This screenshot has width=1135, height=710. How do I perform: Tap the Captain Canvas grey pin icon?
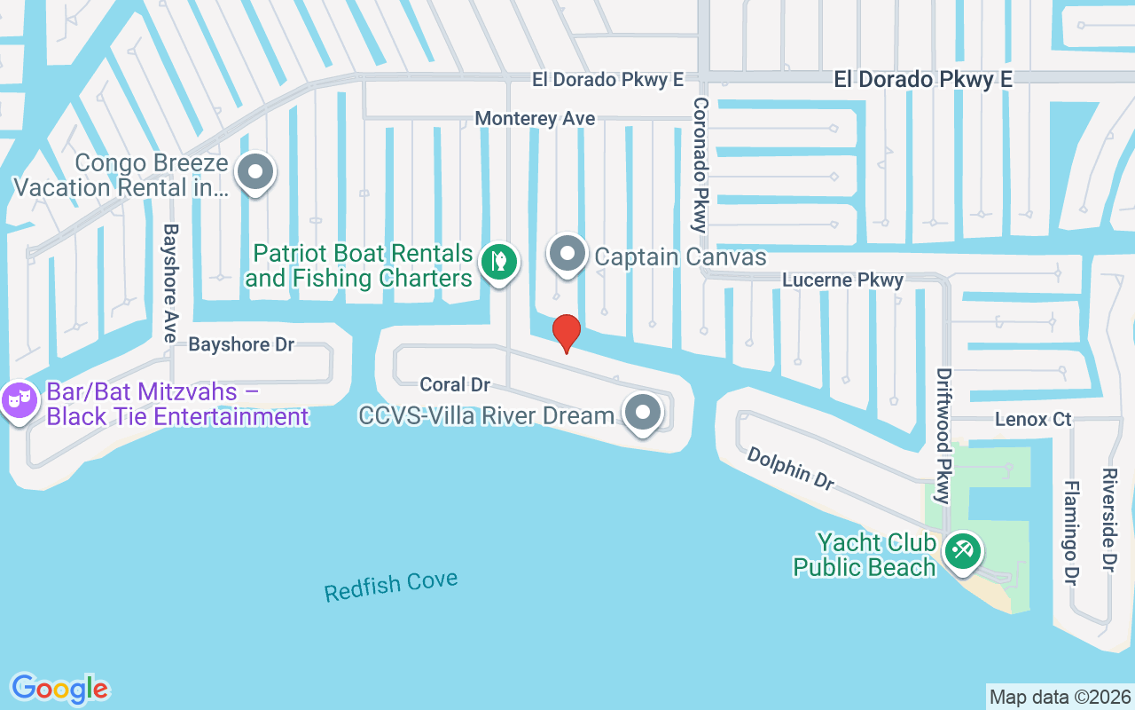567,255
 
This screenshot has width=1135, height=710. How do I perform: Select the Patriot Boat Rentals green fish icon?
499,262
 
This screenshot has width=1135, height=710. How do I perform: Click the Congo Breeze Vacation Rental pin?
256,173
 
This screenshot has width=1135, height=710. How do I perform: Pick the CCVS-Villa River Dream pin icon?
643,413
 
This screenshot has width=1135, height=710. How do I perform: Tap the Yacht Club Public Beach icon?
961,551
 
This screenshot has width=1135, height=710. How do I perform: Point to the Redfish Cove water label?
391,587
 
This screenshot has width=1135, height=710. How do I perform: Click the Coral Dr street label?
455,384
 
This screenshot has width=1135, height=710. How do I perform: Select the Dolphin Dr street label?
790,468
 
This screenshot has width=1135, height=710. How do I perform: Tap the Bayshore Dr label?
241,344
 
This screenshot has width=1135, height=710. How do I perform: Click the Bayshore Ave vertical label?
170,282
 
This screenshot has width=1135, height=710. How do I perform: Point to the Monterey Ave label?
535,118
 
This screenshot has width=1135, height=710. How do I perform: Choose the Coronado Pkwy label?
701,165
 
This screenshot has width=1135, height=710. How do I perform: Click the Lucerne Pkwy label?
842,280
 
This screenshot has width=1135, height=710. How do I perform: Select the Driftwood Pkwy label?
944,435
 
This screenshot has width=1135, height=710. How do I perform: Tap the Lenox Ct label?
1033,419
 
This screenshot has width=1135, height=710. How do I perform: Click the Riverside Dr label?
1108,521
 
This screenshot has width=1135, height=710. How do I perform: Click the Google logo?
59,689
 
